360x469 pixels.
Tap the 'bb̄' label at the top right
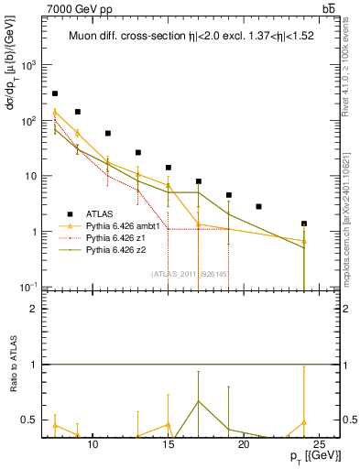(328, 8)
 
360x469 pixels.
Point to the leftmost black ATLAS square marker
(55, 93)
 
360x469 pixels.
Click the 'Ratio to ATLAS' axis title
(12, 366)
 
